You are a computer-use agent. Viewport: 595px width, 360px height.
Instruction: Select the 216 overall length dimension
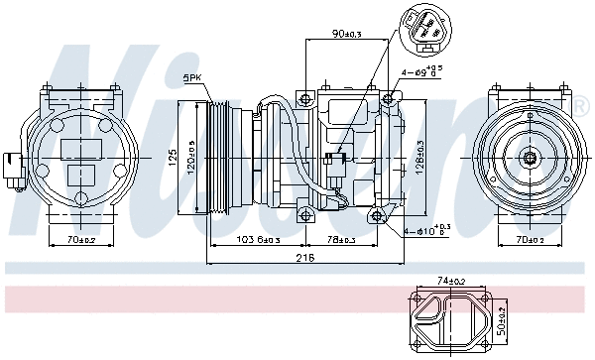point(305,258)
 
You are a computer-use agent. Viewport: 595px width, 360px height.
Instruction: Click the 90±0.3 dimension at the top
point(347,35)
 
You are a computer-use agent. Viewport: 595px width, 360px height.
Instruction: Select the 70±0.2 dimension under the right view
point(531,240)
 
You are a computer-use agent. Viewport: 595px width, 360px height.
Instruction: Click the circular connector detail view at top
point(427,31)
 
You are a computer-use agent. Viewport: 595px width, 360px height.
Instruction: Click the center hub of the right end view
point(531,156)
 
